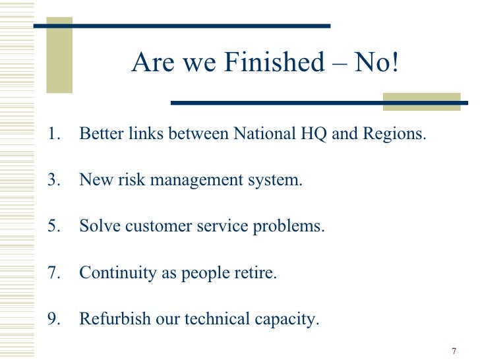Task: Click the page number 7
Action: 454,351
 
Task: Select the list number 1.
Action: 53,134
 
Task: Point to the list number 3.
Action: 53,180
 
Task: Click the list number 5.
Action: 53,226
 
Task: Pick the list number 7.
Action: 53,272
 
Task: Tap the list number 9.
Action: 53,319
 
